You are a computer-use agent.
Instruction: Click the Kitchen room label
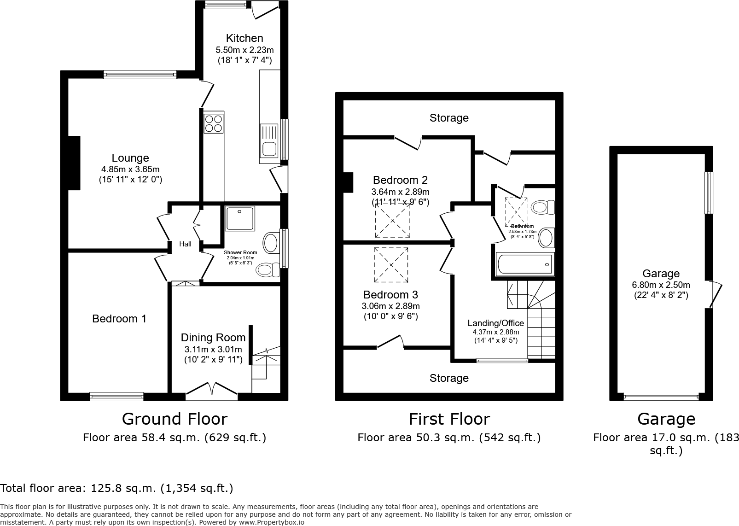click(244, 38)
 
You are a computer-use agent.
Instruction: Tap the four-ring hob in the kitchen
click(214, 123)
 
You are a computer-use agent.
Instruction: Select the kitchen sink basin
click(268, 149)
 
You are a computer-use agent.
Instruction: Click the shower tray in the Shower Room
click(240, 218)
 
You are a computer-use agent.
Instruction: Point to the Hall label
click(186, 244)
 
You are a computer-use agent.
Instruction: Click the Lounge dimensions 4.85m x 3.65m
click(130, 169)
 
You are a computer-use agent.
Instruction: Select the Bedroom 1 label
click(119, 319)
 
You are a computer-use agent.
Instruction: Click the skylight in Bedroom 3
click(391, 265)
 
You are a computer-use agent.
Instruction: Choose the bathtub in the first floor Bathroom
click(524, 264)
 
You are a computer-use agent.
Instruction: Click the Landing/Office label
click(496, 323)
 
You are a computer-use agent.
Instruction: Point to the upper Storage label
click(449, 118)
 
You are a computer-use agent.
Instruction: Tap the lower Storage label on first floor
click(449, 378)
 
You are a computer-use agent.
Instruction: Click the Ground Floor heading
click(175, 419)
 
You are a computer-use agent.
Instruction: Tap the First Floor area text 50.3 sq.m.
click(449, 438)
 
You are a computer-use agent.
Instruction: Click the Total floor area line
click(117, 488)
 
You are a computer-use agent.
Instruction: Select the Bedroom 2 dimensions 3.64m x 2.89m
click(400, 192)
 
